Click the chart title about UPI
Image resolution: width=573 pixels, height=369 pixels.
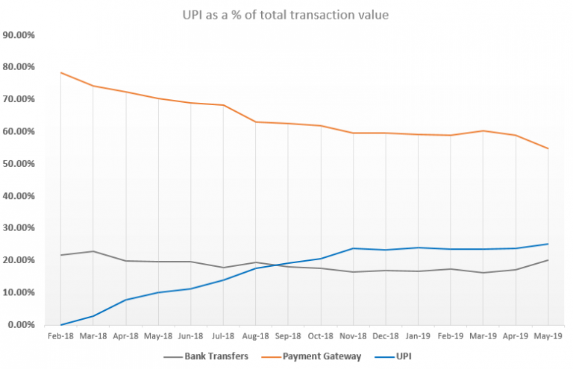[x=286, y=15]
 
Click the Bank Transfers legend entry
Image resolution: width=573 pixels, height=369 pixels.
[x=215, y=356]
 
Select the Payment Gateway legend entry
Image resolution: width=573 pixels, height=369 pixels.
[x=327, y=356]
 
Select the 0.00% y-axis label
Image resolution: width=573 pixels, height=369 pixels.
[x=21, y=325]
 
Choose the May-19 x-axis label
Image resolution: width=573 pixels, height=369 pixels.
[x=548, y=336]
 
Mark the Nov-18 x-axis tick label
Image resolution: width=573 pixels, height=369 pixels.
[x=353, y=336]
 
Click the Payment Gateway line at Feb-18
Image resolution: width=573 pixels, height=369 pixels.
[x=60, y=72]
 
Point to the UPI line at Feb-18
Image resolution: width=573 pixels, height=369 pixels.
[x=60, y=324]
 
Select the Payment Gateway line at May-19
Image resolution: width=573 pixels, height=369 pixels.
[x=548, y=148]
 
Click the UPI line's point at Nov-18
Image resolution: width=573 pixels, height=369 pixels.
[x=353, y=248]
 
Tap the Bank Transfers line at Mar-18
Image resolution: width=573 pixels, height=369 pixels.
[x=93, y=251]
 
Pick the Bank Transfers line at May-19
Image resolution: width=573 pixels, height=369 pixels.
[x=548, y=260]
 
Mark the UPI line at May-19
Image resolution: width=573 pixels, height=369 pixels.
[x=548, y=244]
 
